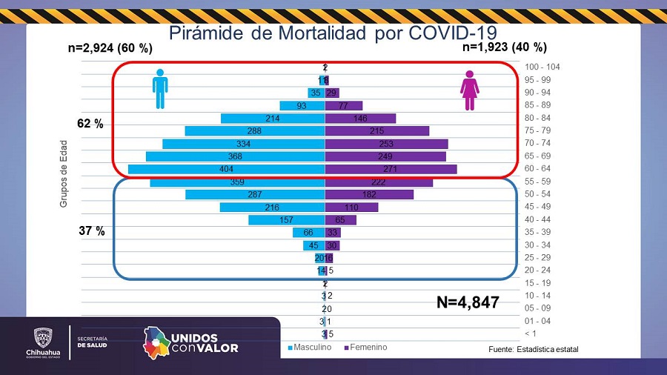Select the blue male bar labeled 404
point(226,169)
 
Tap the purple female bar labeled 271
point(391,169)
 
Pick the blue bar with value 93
point(302,105)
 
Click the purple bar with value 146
point(360,119)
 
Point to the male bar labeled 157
point(287,220)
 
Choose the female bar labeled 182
point(369,194)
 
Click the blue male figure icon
point(160,89)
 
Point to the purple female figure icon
point(469,90)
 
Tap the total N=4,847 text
point(467,302)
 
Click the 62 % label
point(90,124)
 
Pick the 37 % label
point(91,231)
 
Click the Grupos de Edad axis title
point(64,173)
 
